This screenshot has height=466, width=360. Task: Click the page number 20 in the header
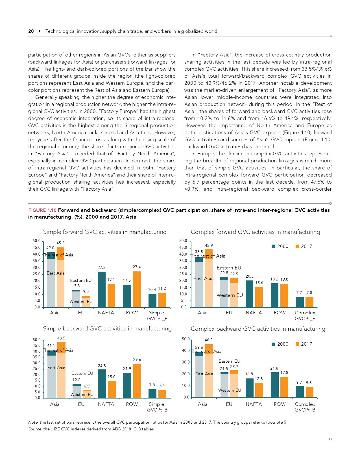tap(31, 31)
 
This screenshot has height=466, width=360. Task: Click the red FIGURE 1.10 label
tap(42, 210)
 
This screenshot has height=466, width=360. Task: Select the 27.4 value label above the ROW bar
tap(137, 267)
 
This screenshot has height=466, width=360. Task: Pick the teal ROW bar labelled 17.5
tap(127, 296)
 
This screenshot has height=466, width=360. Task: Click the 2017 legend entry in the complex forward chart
tap(304, 246)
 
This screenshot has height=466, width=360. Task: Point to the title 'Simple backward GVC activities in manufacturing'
tap(107, 328)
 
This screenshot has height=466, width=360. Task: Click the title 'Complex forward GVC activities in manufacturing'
tap(255, 232)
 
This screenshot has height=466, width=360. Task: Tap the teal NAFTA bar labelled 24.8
tap(102, 384)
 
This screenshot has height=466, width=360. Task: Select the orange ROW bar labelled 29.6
tap(137, 381)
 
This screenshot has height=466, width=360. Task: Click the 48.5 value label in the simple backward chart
tap(61, 338)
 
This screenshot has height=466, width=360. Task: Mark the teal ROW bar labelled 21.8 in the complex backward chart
tap(274, 385)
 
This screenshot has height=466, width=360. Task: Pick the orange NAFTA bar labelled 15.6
tap(259, 297)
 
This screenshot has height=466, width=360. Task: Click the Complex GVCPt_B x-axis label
tap(305, 407)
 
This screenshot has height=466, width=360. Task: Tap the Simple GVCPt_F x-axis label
tap(157, 315)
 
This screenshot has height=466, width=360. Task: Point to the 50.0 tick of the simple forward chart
tap(37, 241)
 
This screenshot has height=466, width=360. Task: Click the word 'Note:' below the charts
tap(33, 422)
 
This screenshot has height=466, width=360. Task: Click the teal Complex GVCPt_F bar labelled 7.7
tap(300, 302)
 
